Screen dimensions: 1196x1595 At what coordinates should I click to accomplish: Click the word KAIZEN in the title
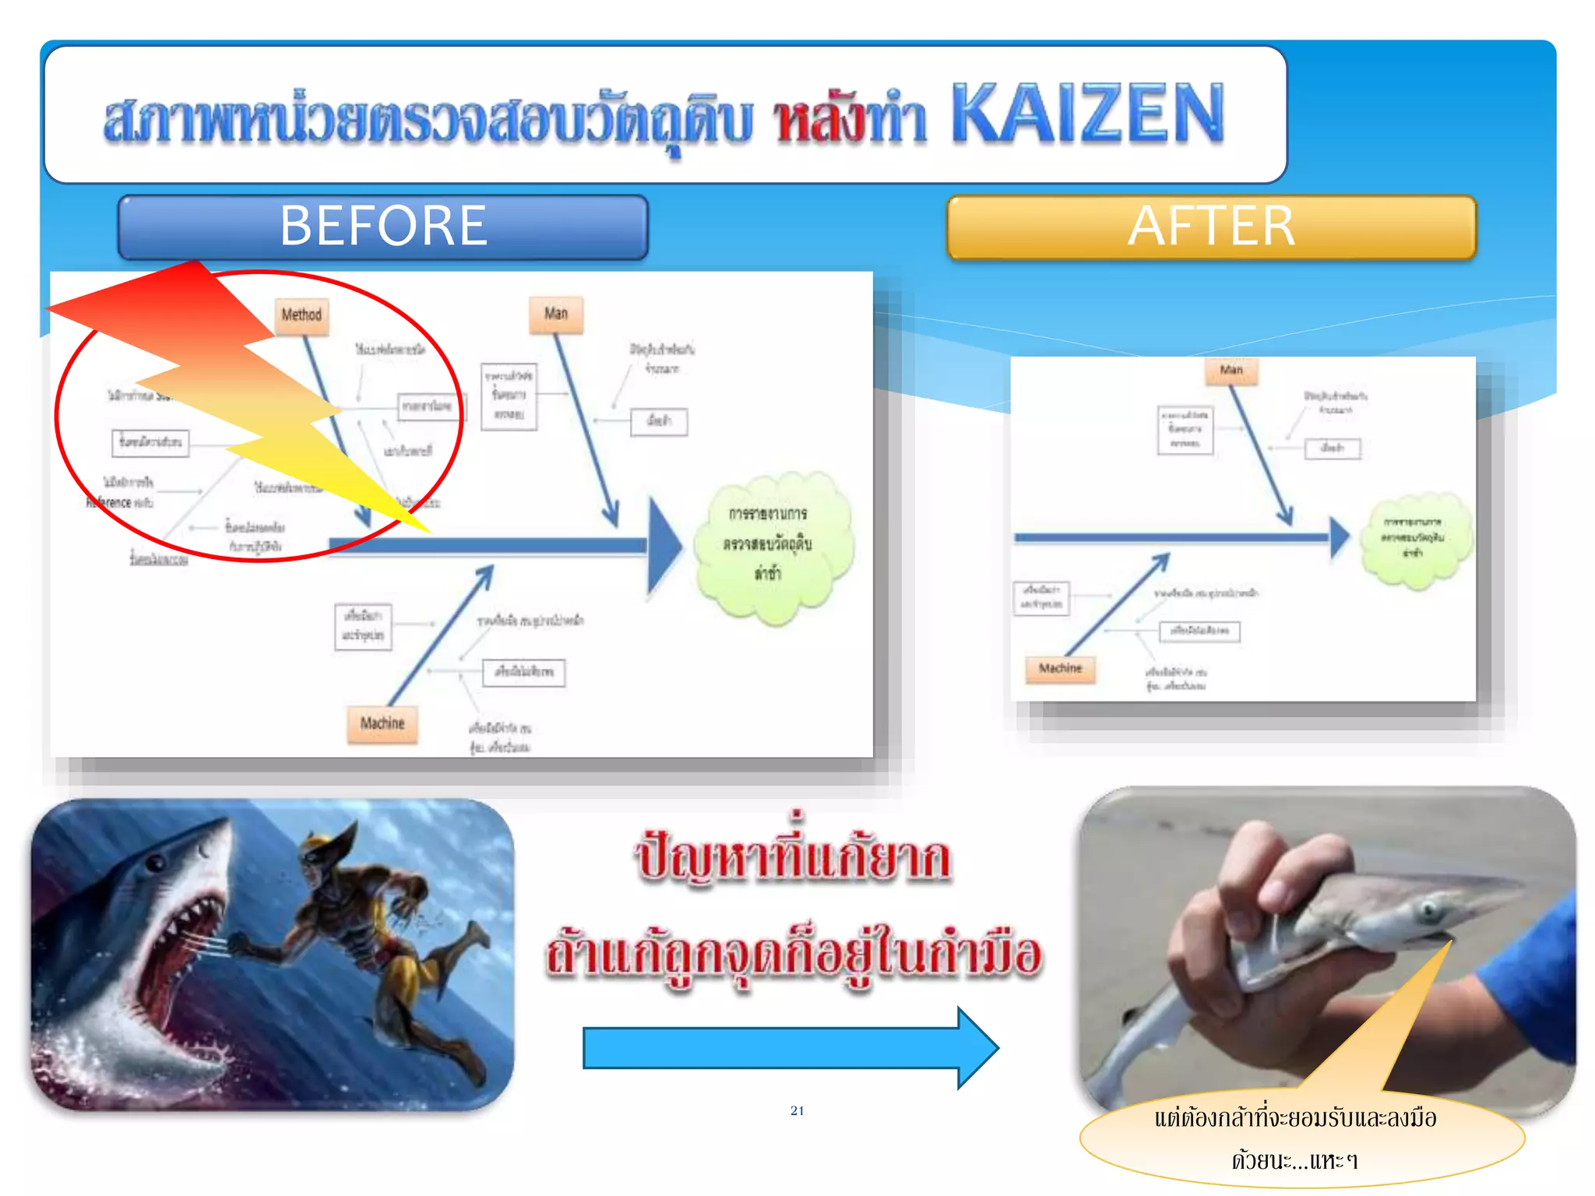[1087, 114]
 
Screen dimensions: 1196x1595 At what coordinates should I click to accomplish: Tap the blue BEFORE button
[382, 227]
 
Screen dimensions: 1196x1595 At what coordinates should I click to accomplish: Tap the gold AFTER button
[1211, 227]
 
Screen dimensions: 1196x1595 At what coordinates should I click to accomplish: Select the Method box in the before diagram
[301, 315]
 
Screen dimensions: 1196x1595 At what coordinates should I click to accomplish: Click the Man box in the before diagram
[556, 314]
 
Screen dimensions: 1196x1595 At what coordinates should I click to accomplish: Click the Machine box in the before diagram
[382, 723]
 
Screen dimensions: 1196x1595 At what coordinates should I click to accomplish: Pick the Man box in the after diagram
[1231, 370]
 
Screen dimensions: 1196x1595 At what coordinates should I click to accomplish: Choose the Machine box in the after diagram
[1060, 668]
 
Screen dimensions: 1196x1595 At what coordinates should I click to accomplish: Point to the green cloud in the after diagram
[1414, 537]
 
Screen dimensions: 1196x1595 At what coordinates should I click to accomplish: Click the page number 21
[797, 1110]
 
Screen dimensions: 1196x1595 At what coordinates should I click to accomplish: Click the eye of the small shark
[1428, 909]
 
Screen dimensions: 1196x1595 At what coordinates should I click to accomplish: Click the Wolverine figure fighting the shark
[366, 927]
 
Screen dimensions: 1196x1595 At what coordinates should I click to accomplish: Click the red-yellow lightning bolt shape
[234, 382]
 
